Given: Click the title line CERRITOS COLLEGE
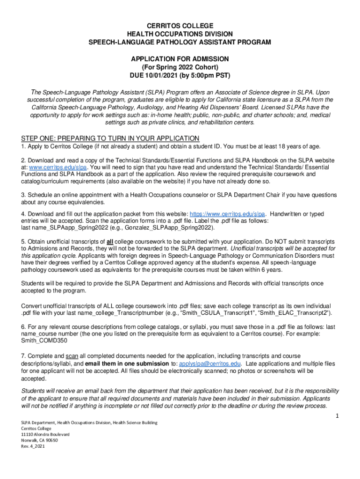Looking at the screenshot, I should click(180, 25).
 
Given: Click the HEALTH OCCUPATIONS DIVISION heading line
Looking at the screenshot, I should click(180, 34).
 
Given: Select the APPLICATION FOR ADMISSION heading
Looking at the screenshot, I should click(180, 59).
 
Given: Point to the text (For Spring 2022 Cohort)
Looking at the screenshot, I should click(180, 67).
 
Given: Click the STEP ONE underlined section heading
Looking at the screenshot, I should click(110, 138).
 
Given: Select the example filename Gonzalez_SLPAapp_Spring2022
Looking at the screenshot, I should click(169, 228).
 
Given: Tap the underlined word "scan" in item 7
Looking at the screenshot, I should click(72, 356).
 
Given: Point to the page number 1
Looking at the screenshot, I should click(337, 416).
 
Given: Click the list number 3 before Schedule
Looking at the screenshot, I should click(23, 195).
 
